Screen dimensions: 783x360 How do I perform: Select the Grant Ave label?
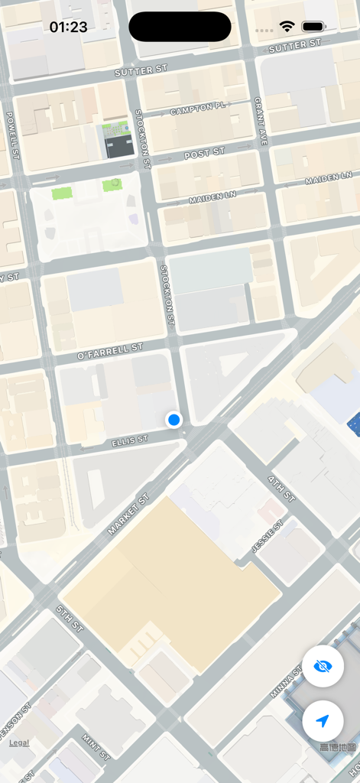[x=261, y=121]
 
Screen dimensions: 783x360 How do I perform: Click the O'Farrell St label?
[x=111, y=352]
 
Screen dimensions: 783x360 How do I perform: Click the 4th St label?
[x=281, y=489]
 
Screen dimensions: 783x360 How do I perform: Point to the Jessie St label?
[x=267, y=537]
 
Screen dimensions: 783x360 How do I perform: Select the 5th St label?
[x=70, y=619]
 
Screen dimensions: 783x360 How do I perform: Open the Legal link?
[x=19, y=742]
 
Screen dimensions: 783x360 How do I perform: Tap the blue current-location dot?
[x=174, y=419]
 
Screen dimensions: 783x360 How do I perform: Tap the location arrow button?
[x=323, y=720]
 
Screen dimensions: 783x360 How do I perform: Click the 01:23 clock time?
[x=68, y=27]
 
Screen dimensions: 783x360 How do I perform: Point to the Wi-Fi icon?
[x=287, y=27]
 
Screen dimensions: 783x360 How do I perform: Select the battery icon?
[x=314, y=27]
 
